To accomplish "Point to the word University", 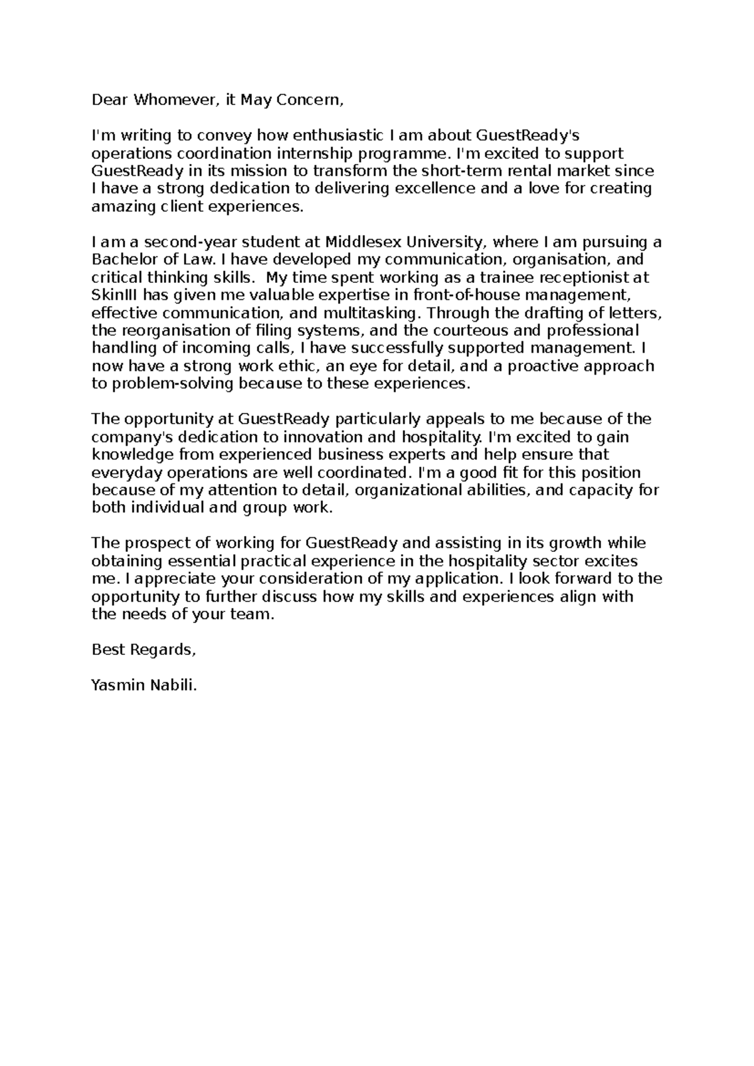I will (x=445, y=242).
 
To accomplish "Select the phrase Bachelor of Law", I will (x=153, y=260).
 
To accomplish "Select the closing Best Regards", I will (x=144, y=650).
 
